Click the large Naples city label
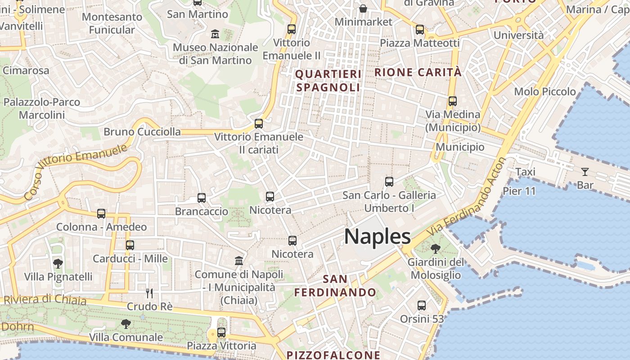pyautogui.click(x=377, y=237)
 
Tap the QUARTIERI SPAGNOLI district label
pyautogui.click(x=328, y=81)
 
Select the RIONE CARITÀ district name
pyautogui.click(x=418, y=72)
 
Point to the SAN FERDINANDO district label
pyautogui.click(x=335, y=285)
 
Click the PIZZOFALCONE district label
pyautogui.click(x=333, y=355)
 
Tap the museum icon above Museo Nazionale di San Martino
pyautogui.click(x=215, y=33)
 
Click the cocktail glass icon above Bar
pyautogui.click(x=585, y=171)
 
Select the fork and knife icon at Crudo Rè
pyautogui.click(x=149, y=293)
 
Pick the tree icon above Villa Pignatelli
pyautogui.click(x=58, y=263)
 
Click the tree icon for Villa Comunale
pyautogui.click(x=126, y=324)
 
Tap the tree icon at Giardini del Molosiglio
pyautogui.click(x=435, y=248)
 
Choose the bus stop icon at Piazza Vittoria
pyautogui.click(x=221, y=333)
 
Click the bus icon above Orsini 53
pyautogui.click(x=422, y=306)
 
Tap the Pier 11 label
pyautogui.click(x=519, y=191)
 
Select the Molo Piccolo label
pyautogui.click(x=545, y=92)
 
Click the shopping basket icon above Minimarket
pyautogui.click(x=363, y=9)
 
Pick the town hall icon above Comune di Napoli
pyautogui.click(x=239, y=261)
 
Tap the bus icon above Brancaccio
pyautogui.click(x=202, y=198)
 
